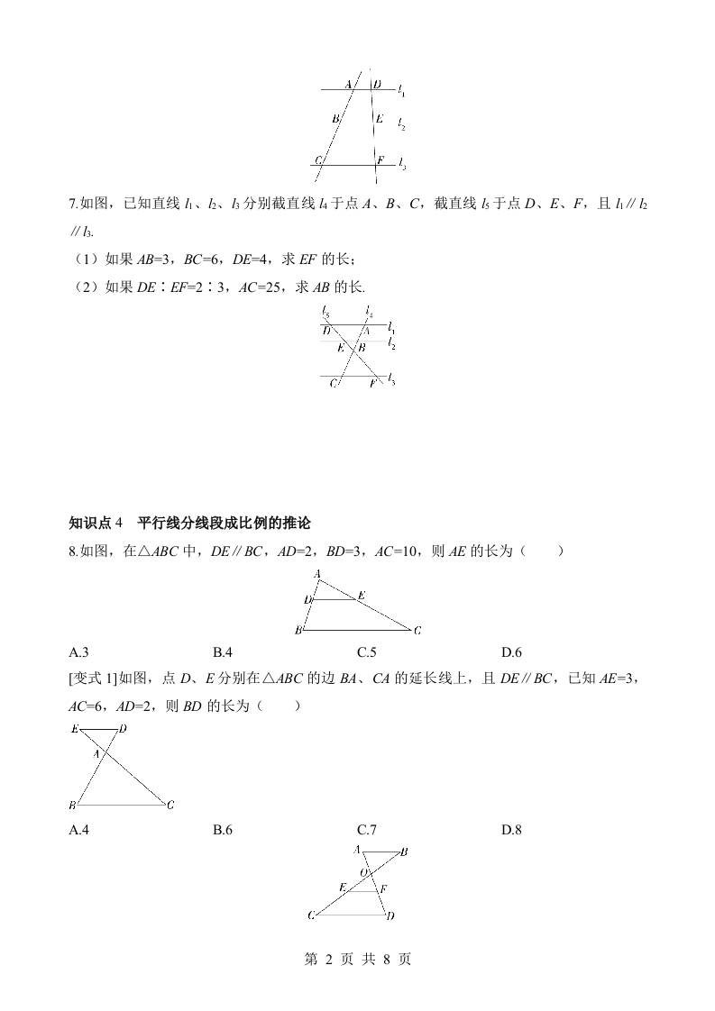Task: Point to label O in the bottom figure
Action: pyautogui.click(x=364, y=872)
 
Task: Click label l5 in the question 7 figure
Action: pyautogui.click(x=325, y=313)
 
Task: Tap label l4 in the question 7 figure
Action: pyautogui.click(x=369, y=313)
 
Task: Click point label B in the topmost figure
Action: pyautogui.click(x=335, y=118)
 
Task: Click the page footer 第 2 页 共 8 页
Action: pyautogui.click(x=357, y=960)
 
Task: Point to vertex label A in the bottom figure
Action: pyautogui.click(x=357, y=849)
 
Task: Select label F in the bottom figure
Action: pyautogui.click(x=383, y=888)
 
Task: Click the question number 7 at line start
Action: pyautogui.click(x=73, y=205)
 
